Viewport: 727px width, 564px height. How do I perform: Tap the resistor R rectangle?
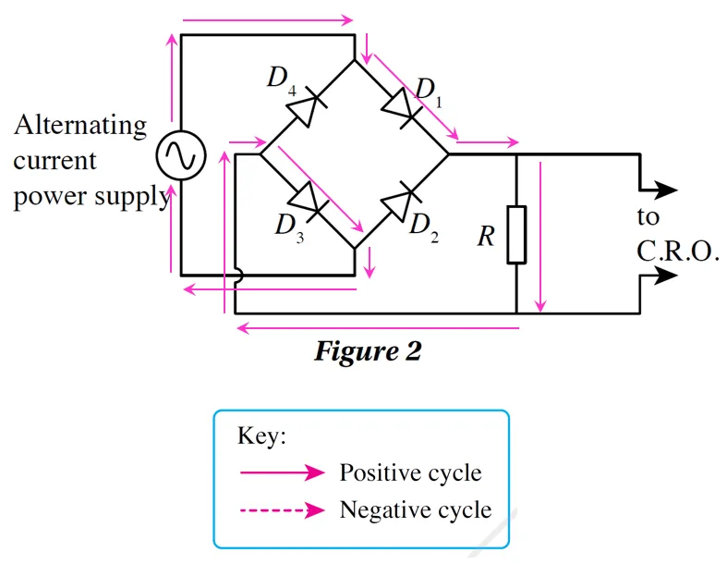(x=516, y=236)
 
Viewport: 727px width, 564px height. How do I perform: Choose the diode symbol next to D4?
(x=306, y=107)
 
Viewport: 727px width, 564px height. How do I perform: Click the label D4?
(x=282, y=78)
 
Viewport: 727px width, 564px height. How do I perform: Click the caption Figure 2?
(x=368, y=351)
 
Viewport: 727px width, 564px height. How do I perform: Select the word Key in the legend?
(x=262, y=436)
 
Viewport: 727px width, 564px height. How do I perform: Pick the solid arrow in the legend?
(x=282, y=472)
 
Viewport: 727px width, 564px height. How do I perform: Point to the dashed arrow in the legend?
(x=282, y=509)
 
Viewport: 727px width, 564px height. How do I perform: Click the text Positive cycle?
(x=410, y=472)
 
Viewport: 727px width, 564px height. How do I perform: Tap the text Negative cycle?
(x=416, y=509)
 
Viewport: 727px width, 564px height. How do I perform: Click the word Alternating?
(x=79, y=125)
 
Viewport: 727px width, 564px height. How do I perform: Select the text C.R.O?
(x=678, y=252)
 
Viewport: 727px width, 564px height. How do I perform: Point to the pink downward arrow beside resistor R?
(x=542, y=235)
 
